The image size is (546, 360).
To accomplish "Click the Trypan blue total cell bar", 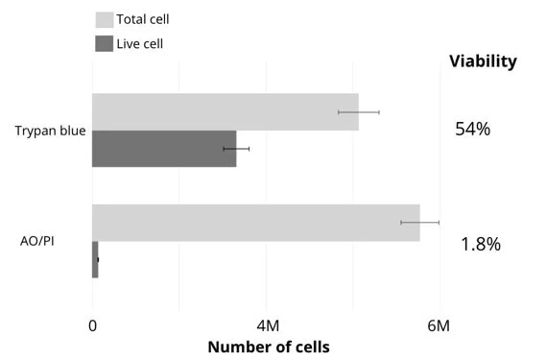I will tap(225, 112).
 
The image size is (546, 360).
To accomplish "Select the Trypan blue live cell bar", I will tap(164, 149).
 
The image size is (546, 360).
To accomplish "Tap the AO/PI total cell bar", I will tap(255, 223).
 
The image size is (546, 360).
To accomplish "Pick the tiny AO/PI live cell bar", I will tap(95, 259).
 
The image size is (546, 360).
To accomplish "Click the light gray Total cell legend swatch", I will tap(104, 19).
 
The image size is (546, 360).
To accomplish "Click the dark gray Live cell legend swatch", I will tap(104, 43).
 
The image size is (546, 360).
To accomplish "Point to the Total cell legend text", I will tap(143, 19).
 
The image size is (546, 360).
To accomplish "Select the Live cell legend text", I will tap(140, 43).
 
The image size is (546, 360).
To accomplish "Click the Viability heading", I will tap(483, 61).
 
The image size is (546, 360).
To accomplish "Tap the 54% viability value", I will tap(472, 129).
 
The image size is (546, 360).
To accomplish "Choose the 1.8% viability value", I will tap(481, 244).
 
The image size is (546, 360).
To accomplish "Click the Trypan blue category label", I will tap(51, 131).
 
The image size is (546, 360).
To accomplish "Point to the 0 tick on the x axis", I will tap(93, 326).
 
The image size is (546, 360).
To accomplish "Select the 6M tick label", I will tap(439, 326).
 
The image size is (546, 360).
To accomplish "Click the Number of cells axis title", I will tap(268, 347).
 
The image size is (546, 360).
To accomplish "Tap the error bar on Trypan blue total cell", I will tap(359, 112).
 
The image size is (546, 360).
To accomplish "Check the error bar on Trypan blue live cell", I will tap(236, 149).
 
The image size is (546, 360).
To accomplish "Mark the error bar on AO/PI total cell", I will tap(419, 223).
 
